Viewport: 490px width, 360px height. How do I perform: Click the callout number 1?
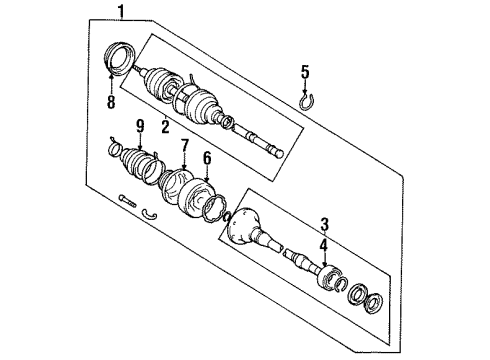[x=122, y=12]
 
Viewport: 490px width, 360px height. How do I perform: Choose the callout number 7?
[x=184, y=147]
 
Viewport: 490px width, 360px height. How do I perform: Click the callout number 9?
[x=141, y=127]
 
